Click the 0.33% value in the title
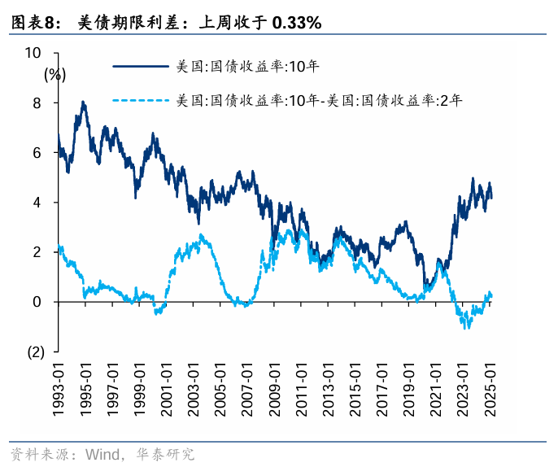[x=297, y=24]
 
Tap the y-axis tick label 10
[x=33, y=53]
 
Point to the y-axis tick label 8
[x=37, y=103]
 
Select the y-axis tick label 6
[x=37, y=152]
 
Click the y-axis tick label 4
[x=37, y=203]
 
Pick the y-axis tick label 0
[x=37, y=302]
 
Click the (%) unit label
[x=54, y=74]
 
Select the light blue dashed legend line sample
[x=142, y=102]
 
